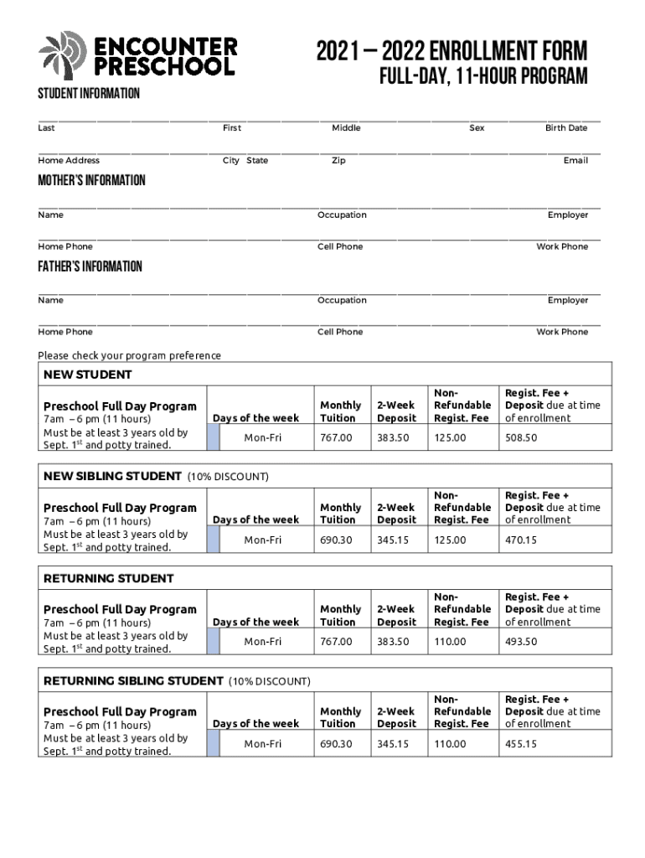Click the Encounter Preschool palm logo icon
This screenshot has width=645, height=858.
(62, 55)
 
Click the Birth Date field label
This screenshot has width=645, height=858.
(566, 128)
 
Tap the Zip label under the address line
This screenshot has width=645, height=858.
(338, 160)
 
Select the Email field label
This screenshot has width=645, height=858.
(575, 160)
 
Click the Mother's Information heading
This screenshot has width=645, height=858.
(91, 181)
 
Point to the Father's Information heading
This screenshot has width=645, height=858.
(90, 266)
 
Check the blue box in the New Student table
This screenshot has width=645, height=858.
(213, 437)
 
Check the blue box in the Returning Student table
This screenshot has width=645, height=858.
(213, 642)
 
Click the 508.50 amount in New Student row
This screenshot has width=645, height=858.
(520, 437)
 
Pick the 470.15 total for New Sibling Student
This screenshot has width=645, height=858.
(520, 540)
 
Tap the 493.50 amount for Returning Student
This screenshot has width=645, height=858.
(520, 642)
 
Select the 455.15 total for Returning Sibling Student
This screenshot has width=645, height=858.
(520, 744)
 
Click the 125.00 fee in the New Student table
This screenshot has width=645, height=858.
(450, 437)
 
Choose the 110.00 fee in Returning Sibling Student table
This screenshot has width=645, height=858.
(450, 744)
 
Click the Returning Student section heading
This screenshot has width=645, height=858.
(109, 579)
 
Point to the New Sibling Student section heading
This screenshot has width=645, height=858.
(112, 477)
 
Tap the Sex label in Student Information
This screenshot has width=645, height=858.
(477, 128)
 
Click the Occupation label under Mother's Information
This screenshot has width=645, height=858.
(342, 215)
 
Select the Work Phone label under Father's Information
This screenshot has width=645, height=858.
(562, 333)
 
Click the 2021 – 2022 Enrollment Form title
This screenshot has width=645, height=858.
(451, 51)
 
